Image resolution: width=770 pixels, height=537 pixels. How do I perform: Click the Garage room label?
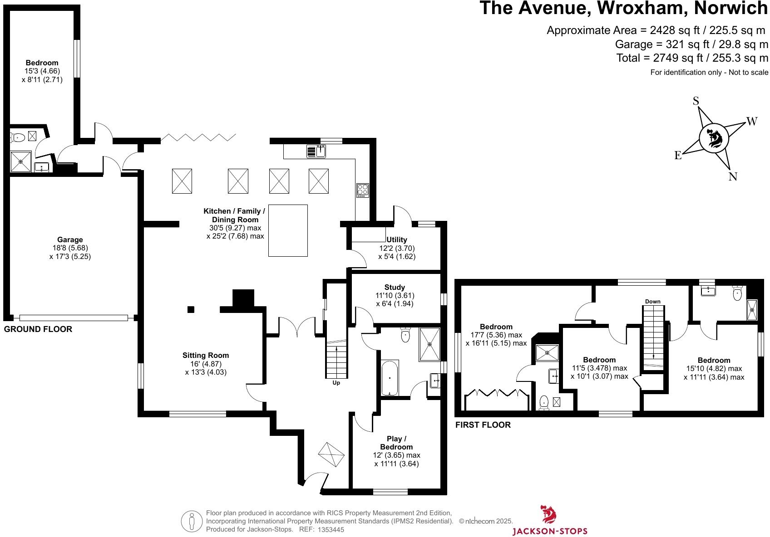click(x=70, y=240)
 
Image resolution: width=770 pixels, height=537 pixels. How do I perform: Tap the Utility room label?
click(x=397, y=239)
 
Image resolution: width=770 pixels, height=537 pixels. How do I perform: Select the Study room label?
click(x=395, y=287)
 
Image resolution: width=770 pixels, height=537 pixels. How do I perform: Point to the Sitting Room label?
click(x=206, y=356)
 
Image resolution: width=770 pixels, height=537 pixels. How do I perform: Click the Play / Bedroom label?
click(x=397, y=443)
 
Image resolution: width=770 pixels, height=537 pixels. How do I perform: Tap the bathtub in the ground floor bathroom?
click(x=390, y=377)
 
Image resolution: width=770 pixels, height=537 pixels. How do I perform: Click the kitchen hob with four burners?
click(x=363, y=190)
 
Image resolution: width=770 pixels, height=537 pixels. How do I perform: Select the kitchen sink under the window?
click(x=317, y=151)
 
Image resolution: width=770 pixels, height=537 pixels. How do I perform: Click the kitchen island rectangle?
click(x=288, y=230)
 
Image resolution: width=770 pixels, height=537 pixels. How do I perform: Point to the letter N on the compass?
click(x=733, y=177)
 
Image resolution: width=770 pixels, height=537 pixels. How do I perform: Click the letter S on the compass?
click(x=696, y=101)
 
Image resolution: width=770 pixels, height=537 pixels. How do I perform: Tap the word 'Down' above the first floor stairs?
click(x=653, y=302)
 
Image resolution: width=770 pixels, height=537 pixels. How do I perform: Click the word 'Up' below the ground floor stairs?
click(x=336, y=383)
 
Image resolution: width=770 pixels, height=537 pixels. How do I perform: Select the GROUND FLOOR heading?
click(x=38, y=329)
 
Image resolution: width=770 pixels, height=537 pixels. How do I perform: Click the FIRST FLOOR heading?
click(x=483, y=425)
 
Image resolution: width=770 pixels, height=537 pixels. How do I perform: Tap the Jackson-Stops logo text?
click(x=550, y=531)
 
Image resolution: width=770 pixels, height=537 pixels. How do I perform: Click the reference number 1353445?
click(x=331, y=529)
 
